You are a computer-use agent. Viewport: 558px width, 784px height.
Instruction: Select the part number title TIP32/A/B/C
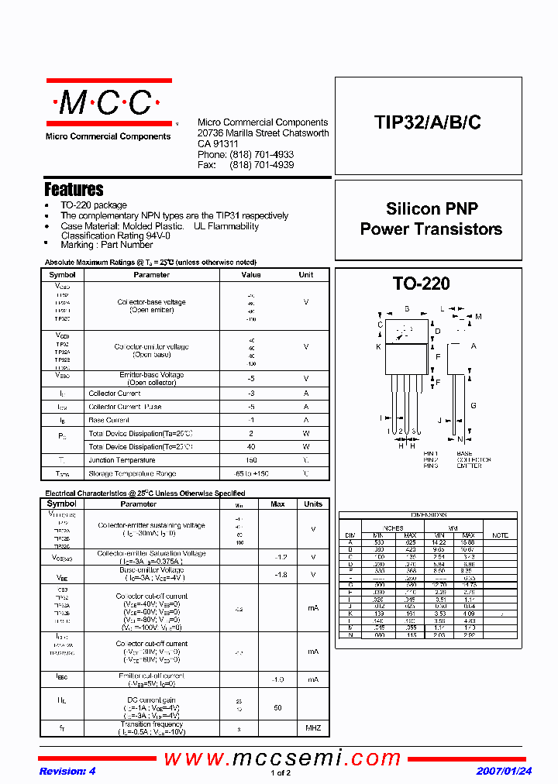(427, 122)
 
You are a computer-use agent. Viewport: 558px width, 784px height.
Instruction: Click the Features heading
(74, 189)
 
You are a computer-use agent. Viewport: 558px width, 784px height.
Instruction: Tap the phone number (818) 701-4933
(261, 155)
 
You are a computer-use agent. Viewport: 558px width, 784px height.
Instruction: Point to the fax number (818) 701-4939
(261, 165)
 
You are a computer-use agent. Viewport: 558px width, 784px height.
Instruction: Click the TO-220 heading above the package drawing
(421, 284)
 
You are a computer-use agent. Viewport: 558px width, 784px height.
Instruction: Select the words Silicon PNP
(432, 208)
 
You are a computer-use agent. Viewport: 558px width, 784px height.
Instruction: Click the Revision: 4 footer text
(67, 772)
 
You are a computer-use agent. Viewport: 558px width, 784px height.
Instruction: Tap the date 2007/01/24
(504, 772)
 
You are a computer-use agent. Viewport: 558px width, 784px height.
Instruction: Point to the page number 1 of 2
(281, 773)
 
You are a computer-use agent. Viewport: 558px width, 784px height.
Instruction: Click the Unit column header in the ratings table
(306, 275)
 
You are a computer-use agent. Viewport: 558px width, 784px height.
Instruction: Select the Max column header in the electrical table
(277, 504)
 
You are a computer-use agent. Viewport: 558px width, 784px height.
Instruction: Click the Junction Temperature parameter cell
(122, 460)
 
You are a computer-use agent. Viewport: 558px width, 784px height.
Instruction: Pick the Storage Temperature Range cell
(132, 473)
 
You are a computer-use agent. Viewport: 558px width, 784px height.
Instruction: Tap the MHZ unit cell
(313, 728)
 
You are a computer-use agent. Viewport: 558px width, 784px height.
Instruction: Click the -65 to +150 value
(251, 473)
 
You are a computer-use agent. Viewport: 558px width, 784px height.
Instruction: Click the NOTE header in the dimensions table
(500, 535)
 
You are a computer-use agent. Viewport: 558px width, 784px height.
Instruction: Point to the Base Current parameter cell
(108, 420)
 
